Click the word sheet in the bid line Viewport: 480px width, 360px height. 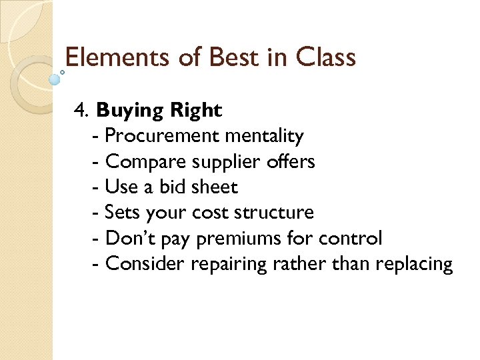(x=214, y=187)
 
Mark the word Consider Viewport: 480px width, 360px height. (x=145, y=264)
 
